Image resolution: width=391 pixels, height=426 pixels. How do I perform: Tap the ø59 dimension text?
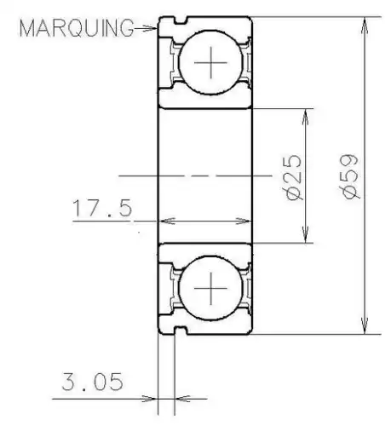click(x=350, y=176)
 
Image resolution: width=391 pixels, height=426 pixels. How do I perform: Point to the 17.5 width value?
click(x=103, y=209)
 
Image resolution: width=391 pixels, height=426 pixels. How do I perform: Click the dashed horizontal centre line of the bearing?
click(x=204, y=176)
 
